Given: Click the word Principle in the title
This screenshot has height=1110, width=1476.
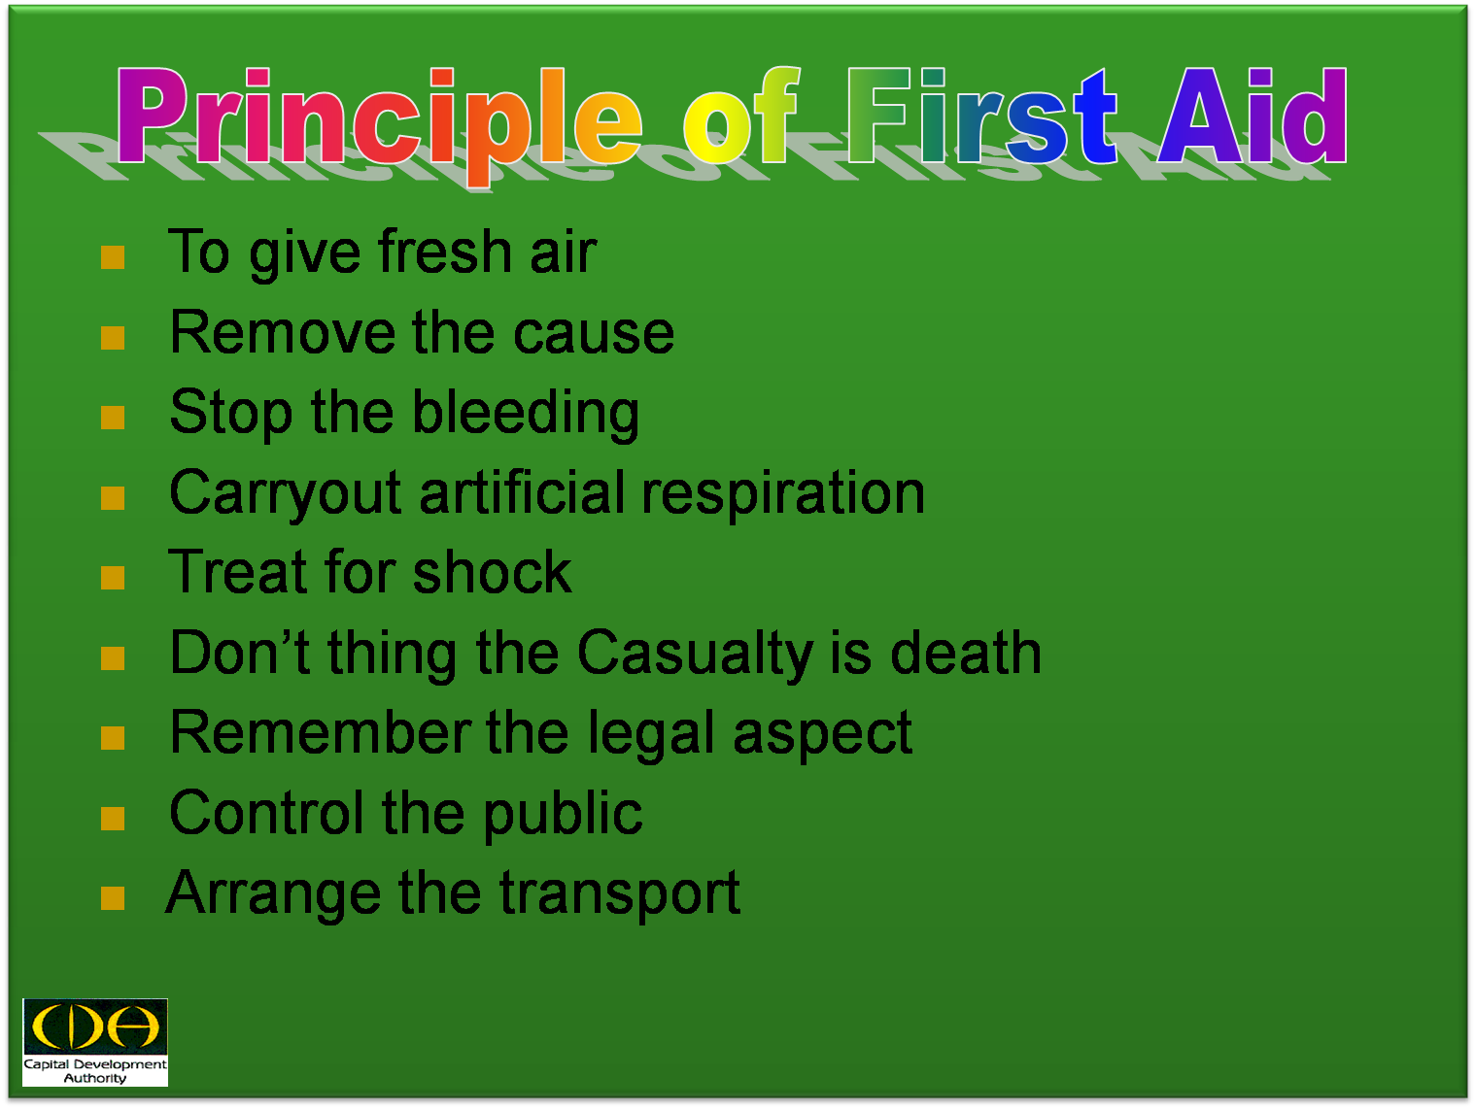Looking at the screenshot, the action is point(379,123).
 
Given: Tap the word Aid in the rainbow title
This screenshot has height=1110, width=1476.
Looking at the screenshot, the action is point(1253,116).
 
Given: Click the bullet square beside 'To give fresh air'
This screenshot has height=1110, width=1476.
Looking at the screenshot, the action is point(113,257).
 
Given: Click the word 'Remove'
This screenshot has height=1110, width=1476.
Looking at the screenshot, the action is point(283,332).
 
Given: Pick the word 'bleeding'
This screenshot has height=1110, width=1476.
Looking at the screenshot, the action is point(525,414).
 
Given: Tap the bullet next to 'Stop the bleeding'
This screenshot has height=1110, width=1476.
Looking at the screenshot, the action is point(113,418).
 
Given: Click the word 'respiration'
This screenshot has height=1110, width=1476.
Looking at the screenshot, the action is point(783,495).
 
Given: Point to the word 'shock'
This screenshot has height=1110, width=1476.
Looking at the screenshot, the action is point(492,572).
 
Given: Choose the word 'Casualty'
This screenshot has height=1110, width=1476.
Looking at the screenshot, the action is point(695,655).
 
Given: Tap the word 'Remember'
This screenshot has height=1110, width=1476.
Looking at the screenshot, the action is point(320,733).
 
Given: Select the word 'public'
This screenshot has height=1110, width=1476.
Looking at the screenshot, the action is point(563,815).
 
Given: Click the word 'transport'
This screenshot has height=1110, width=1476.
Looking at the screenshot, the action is point(619,895).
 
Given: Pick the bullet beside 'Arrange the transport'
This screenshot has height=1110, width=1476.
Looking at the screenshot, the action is point(113,898).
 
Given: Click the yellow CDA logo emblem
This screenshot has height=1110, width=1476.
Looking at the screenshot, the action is point(95,1026).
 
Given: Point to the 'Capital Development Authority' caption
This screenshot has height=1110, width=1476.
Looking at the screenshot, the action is point(95,1071).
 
